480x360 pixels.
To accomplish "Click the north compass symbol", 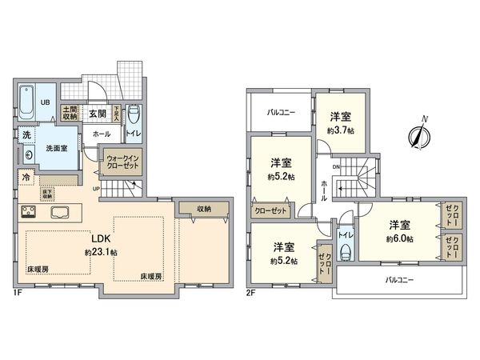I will point(418,135).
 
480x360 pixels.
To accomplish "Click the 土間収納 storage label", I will point(70,113).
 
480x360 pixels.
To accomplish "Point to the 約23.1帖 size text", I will point(100,252).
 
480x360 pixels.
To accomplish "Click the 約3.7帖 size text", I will point(340,130).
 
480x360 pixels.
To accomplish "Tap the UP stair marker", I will point(98,189).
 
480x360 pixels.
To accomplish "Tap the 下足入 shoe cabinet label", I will point(116,113).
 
